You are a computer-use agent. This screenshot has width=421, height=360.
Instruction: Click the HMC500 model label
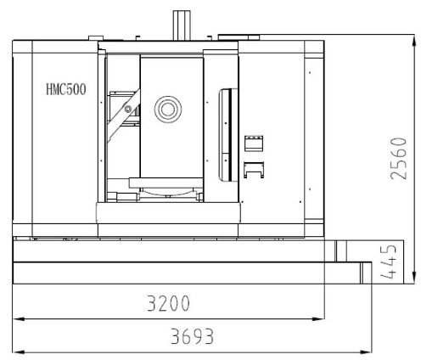click(66, 89)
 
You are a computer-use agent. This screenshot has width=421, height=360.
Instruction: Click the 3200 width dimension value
click(168, 303)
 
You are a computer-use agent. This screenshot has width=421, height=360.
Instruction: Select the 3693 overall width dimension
click(192, 336)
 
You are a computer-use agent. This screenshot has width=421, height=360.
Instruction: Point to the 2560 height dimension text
click(398, 158)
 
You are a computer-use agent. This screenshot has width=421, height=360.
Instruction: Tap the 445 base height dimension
click(388, 262)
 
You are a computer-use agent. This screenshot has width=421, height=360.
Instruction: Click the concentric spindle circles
click(168, 110)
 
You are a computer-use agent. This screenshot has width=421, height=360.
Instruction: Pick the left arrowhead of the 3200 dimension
click(18, 319)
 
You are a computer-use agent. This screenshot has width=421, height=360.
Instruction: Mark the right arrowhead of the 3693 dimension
click(366, 352)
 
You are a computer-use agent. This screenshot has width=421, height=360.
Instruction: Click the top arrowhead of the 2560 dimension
click(414, 41)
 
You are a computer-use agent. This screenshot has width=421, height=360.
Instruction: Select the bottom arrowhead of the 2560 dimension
click(414, 278)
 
